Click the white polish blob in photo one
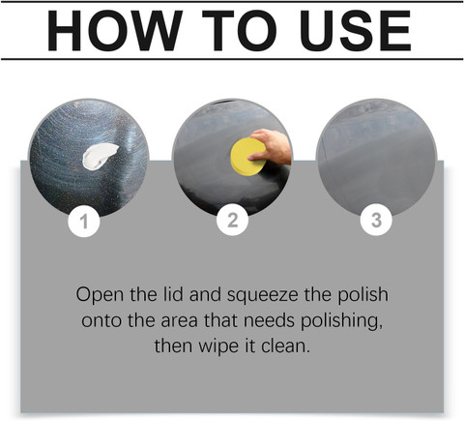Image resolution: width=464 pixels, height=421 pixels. pos(100,156)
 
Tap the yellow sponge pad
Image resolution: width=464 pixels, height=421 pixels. pos(247,157)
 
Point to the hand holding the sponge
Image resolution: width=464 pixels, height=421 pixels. pos(272,146)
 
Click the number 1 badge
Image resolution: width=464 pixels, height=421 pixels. pos(84,222)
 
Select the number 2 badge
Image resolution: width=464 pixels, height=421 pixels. pos(232,221)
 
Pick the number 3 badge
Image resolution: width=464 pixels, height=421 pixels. pos(376,221)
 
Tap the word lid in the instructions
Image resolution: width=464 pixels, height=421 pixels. pos(174,294)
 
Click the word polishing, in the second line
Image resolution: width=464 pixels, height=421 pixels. pos(342,321)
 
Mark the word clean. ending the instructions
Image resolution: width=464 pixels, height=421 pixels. pos(285,346)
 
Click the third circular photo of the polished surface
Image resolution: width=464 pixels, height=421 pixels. pos(376,158)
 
